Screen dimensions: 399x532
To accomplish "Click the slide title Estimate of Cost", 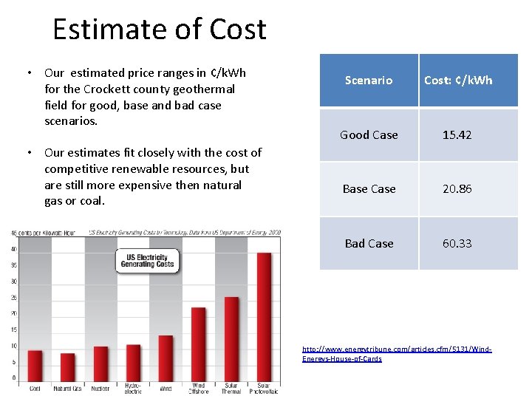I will [160, 30].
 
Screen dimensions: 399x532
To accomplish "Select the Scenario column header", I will [369, 80].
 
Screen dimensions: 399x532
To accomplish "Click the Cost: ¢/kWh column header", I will [458, 80].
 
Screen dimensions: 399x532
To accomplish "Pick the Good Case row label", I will [369, 134].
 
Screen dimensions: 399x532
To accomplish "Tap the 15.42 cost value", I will [457, 134].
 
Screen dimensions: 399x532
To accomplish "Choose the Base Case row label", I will [369, 189].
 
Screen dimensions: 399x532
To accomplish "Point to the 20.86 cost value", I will [457, 189].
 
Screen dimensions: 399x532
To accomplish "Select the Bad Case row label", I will [369, 243].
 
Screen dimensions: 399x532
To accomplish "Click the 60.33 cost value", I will [457, 243].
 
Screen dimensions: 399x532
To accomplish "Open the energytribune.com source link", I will [397, 353].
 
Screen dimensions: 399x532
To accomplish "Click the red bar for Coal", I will [35, 366].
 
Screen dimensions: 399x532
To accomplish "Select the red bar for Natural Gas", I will [67, 367].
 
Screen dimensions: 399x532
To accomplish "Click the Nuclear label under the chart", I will [100, 388].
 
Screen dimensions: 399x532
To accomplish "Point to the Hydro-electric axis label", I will [133, 388].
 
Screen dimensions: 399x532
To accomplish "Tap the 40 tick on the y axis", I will [13, 249].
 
